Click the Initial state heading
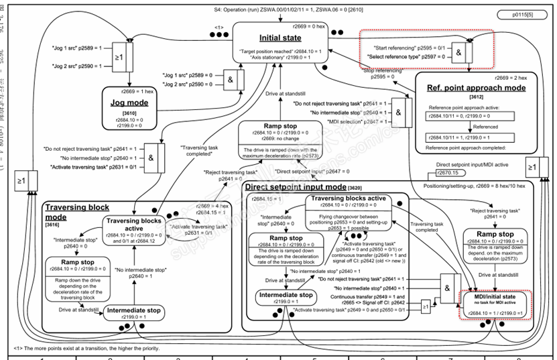click(x=280, y=38)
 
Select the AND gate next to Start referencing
click(x=459, y=52)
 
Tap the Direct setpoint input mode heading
click(x=295, y=187)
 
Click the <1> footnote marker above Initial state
click(x=219, y=27)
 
